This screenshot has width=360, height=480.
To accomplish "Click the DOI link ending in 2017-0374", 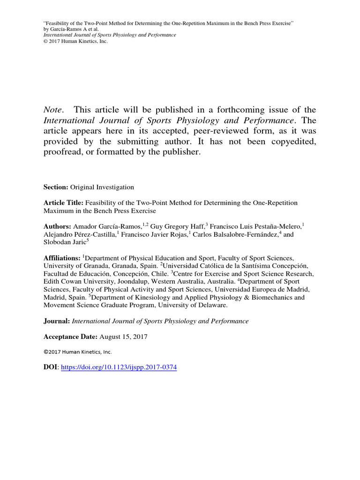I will coord(119,368).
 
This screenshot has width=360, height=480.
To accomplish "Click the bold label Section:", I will coord(56,187).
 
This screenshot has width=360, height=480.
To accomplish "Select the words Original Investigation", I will coord(102,187).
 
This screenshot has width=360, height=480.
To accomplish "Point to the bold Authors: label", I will coord(58,226).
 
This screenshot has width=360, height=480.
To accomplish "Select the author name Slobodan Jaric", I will coord(64,242).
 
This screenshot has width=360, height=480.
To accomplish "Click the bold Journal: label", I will coord(57,321).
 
